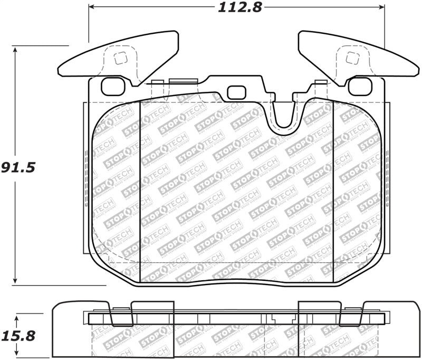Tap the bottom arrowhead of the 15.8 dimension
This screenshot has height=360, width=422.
pos(17,354)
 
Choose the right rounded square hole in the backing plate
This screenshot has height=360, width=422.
pos(360,86)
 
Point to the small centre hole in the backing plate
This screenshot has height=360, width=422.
pos(235,92)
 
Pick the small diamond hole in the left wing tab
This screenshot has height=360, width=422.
pos(119,59)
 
